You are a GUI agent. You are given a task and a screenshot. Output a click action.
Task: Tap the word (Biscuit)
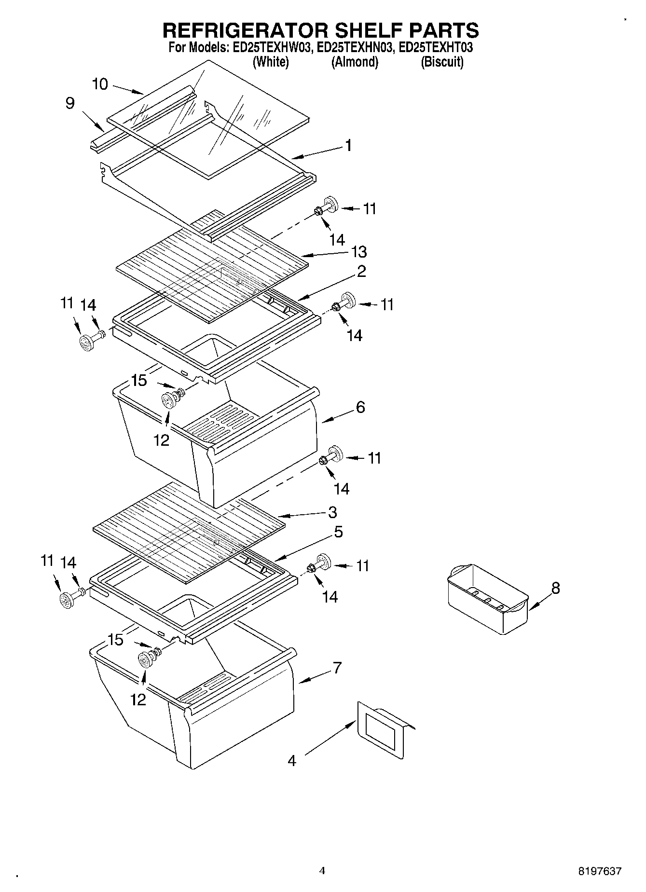click(442, 62)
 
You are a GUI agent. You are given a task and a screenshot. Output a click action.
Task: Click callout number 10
click(100, 84)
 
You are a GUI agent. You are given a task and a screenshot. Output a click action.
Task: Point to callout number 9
click(70, 103)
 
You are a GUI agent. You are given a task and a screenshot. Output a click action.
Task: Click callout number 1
click(348, 146)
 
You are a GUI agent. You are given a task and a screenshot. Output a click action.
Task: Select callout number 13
click(359, 251)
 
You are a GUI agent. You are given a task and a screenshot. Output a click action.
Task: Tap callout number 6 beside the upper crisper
click(360, 407)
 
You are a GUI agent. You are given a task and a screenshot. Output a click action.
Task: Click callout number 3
click(332, 512)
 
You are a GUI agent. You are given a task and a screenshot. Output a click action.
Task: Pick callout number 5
click(338, 532)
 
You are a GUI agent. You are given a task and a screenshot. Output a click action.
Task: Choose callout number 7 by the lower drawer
click(337, 668)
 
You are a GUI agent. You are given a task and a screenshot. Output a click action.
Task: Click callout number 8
click(555, 588)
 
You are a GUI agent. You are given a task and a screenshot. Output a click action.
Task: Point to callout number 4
click(292, 761)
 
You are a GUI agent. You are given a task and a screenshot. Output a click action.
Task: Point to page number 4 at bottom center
click(322, 870)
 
